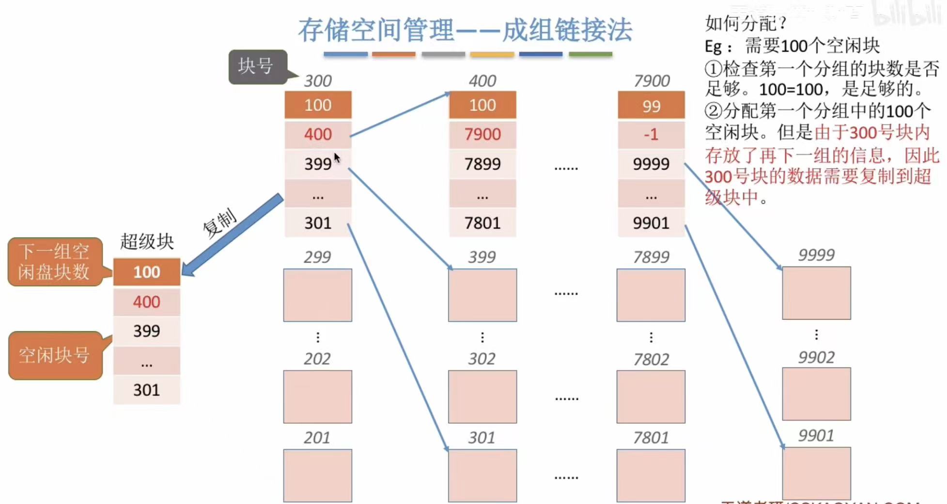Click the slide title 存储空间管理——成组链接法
tap(465, 30)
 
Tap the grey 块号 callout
tap(257, 66)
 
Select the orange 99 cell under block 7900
tap(651, 106)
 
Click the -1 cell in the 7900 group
tap(651, 134)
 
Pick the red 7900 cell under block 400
tap(482, 134)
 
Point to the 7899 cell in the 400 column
tap(482, 164)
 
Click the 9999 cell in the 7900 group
tap(651, 164)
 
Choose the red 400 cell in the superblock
tap(146, 302)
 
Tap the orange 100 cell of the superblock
tap(146, 272)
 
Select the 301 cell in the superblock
tap(146, 390)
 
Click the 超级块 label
tap(147, 241)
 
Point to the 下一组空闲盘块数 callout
tap(54, 262)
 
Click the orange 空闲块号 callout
tap(55, 355)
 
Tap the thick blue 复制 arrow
tap(233, 235)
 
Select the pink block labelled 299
tap(317, 295)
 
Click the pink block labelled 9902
tap(816, 394)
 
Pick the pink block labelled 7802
tap(651, 397)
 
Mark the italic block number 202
tap(317, 359)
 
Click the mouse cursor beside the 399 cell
tap(337, 158)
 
